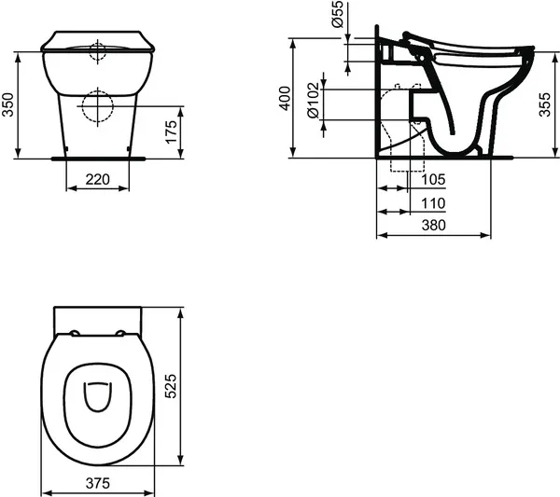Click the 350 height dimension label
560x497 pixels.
8,104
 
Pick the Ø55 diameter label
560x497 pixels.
337,18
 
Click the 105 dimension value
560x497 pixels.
432,179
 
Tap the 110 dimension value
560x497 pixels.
432,202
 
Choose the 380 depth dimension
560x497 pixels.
432,226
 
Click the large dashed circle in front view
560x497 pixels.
98,107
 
